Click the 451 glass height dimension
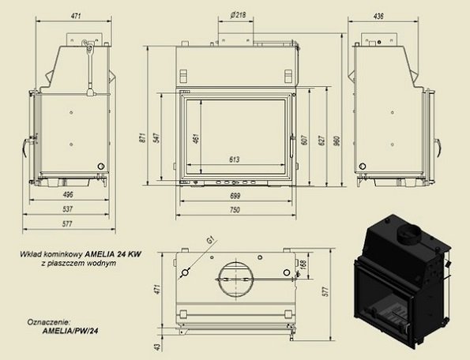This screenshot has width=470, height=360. pyautogui.click(x=195, y=140)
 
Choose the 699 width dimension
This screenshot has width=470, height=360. pyautogui.click(x=235, y=194)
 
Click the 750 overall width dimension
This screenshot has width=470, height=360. pyautogui.click(x=235, y=208)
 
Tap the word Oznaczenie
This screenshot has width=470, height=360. pyautogui.click(x=47, y=322)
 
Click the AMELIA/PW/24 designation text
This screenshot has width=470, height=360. pyautogui.click(x=73, y=332)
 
